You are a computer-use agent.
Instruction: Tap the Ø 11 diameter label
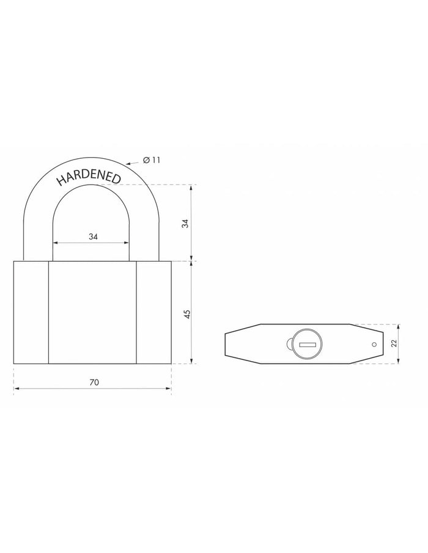coord(152,159)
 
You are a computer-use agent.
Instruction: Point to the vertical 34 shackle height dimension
coord(186,223)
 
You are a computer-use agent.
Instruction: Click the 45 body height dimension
coord(187,313)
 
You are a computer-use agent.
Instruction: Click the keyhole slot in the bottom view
coord(307,345)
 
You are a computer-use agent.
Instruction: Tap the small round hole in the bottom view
coord(371,345)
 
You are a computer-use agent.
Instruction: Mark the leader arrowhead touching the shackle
coord(127,164)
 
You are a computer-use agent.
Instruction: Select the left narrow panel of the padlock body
coord(31,313)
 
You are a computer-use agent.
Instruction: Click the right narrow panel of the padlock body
coord(153,313)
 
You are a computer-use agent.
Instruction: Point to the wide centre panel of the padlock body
coord(92,313)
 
